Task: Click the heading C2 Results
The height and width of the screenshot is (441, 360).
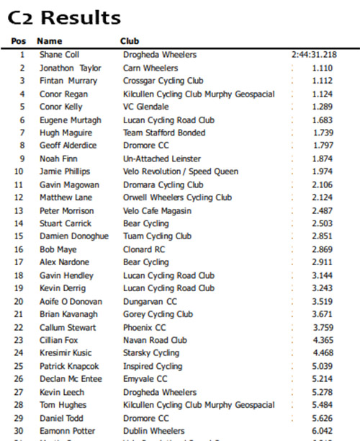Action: tap(65, 17)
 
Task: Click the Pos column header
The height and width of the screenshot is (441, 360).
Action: tap(19, 42)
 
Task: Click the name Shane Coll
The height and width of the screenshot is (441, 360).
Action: tap(59, 55)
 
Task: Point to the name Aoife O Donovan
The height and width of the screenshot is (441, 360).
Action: tap(71, 302)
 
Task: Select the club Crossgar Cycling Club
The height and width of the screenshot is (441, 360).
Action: tap(163, 81)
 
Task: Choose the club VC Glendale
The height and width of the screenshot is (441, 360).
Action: tap(146, 107)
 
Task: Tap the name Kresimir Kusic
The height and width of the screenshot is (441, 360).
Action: tap(66, 354)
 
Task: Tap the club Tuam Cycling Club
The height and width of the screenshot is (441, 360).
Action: tap(157, 236)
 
